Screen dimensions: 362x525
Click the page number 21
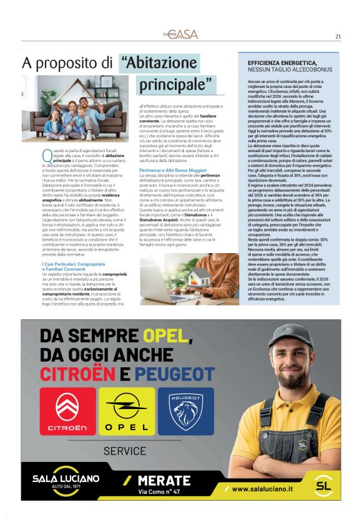[x=338, y=36]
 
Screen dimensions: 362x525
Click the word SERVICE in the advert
[x=125, y=450]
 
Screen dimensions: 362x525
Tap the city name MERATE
[x=164, y=480]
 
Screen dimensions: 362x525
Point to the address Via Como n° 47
[x=161, y=491]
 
